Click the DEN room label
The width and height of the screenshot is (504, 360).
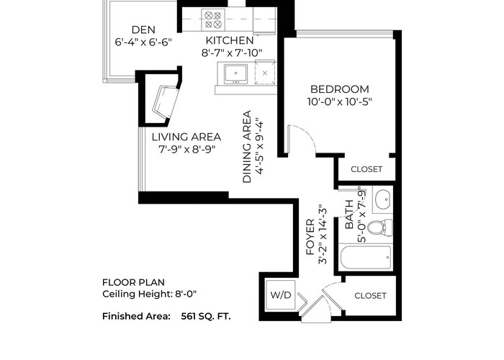tap(143, 30)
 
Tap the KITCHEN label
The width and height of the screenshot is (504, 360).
tap(230, 40)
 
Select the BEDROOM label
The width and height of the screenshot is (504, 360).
tap(339, 89)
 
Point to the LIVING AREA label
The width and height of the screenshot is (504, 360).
tap(186, 137)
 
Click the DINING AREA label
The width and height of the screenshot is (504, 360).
tap(247, 147)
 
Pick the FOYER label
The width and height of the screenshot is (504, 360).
tap(310, 237)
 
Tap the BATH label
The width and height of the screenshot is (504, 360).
tap(349, 215)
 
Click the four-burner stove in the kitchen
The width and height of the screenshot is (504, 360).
tap(213, 19)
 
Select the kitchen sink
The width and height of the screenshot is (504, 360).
tap(235, 74)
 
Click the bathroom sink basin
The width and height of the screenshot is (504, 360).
tap(383, 197)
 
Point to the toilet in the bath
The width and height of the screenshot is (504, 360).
tap(380, 228)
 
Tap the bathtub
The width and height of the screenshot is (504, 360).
tap(366, 257)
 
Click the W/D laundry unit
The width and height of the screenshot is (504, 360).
tap(281, 294)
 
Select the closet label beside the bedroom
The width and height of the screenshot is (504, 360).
tap(366, 169)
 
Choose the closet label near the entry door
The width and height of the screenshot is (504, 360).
tap(370, 296)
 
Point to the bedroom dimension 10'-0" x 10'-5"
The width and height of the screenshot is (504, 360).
tap(339, 102)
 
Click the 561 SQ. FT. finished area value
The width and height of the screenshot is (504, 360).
tap(206, 316)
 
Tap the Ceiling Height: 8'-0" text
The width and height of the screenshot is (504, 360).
tap(149, 294)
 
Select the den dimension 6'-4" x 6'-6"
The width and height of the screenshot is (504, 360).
tap(143, 42)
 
